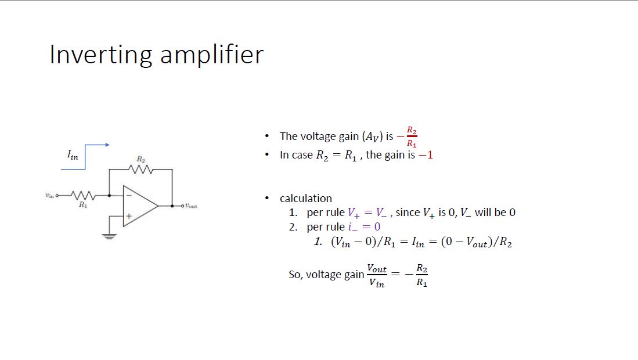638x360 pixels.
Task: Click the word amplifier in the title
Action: click(211, 55)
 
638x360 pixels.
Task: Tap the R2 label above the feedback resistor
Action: click(140, 159)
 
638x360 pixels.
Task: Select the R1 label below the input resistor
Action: click(83, 205)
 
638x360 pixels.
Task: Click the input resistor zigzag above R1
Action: click(82, 196)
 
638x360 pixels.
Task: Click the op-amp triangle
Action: click(139, 206)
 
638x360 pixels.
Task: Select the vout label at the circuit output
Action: click(191, 206)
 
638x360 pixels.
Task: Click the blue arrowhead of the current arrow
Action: click(107, 145)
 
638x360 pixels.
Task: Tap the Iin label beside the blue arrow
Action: click(72, 155)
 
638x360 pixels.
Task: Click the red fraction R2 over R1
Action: click(411, 136)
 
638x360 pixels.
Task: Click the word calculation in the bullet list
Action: click(305, 199)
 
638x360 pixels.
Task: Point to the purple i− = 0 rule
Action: click(364, 227)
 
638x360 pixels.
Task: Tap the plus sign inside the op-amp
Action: click(129, 216)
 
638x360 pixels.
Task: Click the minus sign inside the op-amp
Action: click(129, 196)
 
